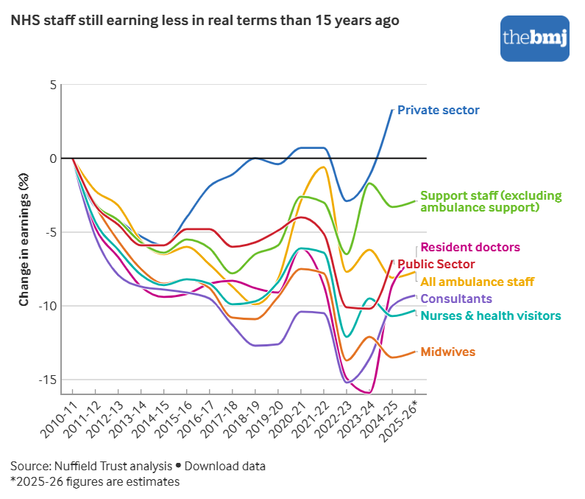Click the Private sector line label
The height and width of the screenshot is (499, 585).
pos(438,111)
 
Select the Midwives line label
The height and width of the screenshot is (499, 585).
pos(447,352)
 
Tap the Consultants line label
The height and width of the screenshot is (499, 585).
pos(455,299)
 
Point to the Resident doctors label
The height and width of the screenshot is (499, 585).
pos(470,248)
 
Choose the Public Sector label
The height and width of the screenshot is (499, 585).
pos(436,264)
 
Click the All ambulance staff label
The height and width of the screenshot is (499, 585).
pos(477,282)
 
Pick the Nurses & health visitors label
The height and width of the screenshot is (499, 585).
pos(490,315)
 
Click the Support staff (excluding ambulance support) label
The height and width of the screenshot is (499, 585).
pos(490,201)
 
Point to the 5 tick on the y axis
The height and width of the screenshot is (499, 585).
pos(52,85)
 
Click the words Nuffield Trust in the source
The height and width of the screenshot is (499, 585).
pos(88,467)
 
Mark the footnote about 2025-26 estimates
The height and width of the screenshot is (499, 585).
pos(95,482)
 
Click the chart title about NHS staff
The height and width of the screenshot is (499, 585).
pos(205,21)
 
